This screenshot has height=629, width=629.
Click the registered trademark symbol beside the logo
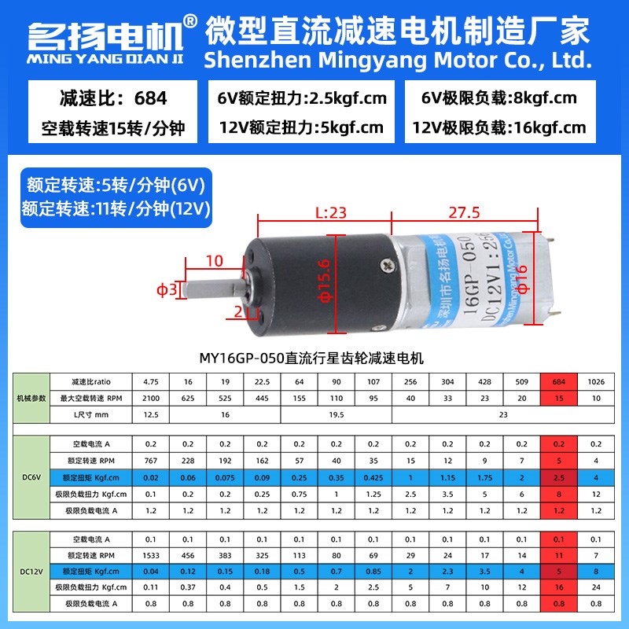click(189, 20)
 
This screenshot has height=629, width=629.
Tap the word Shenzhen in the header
click(248, 60)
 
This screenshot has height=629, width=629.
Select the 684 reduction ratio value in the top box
click(151, 99)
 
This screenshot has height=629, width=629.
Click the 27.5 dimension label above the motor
click(465, 212)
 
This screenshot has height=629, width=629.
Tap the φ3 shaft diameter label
click(167, 291)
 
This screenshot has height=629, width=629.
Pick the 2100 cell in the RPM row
click(151, 398)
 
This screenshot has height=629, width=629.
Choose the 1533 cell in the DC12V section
click(151, 555)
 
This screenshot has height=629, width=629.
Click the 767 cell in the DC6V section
click(151, 459)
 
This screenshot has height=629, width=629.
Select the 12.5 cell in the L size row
click(151, 414)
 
